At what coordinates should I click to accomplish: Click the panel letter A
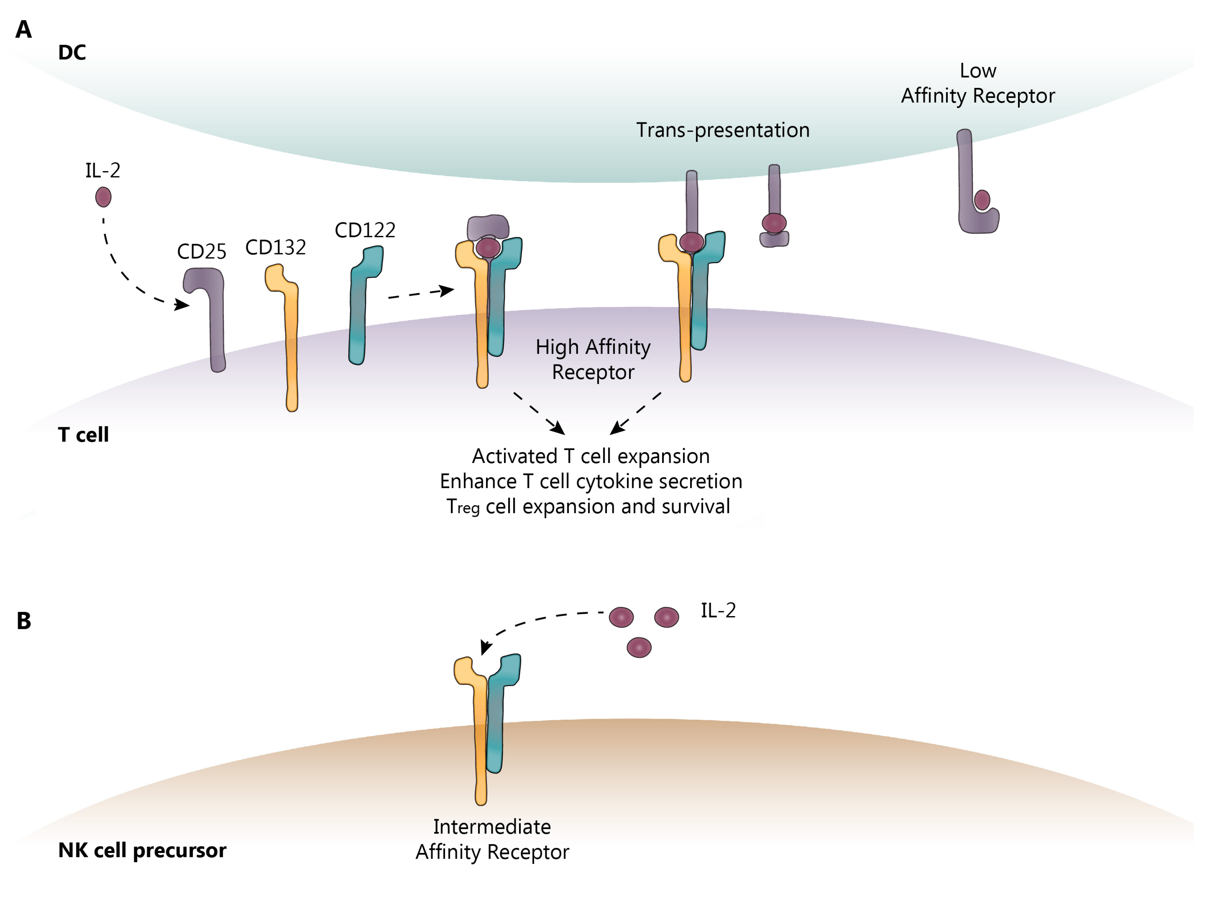pyautogui.click(x=23, y=29)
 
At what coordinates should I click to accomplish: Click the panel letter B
pyautogui.click(x=24, y=621)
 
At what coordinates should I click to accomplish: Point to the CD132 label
pyautogui.click(x=275, y=248)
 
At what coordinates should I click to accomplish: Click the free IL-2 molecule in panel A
pyautogui.click(x=103, y=197)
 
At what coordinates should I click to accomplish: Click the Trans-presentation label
pyautogui.click(x=722, y=130)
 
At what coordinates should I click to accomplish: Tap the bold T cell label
pyautogui.click(x=83, y=435)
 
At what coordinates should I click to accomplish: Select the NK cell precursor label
pyautogui.click(x=142, y=850)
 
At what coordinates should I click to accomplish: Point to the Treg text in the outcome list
pyautogui.click(x=462, y=506)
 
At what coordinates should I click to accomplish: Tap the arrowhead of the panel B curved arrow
pyautogui.click(x=485, y=647)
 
